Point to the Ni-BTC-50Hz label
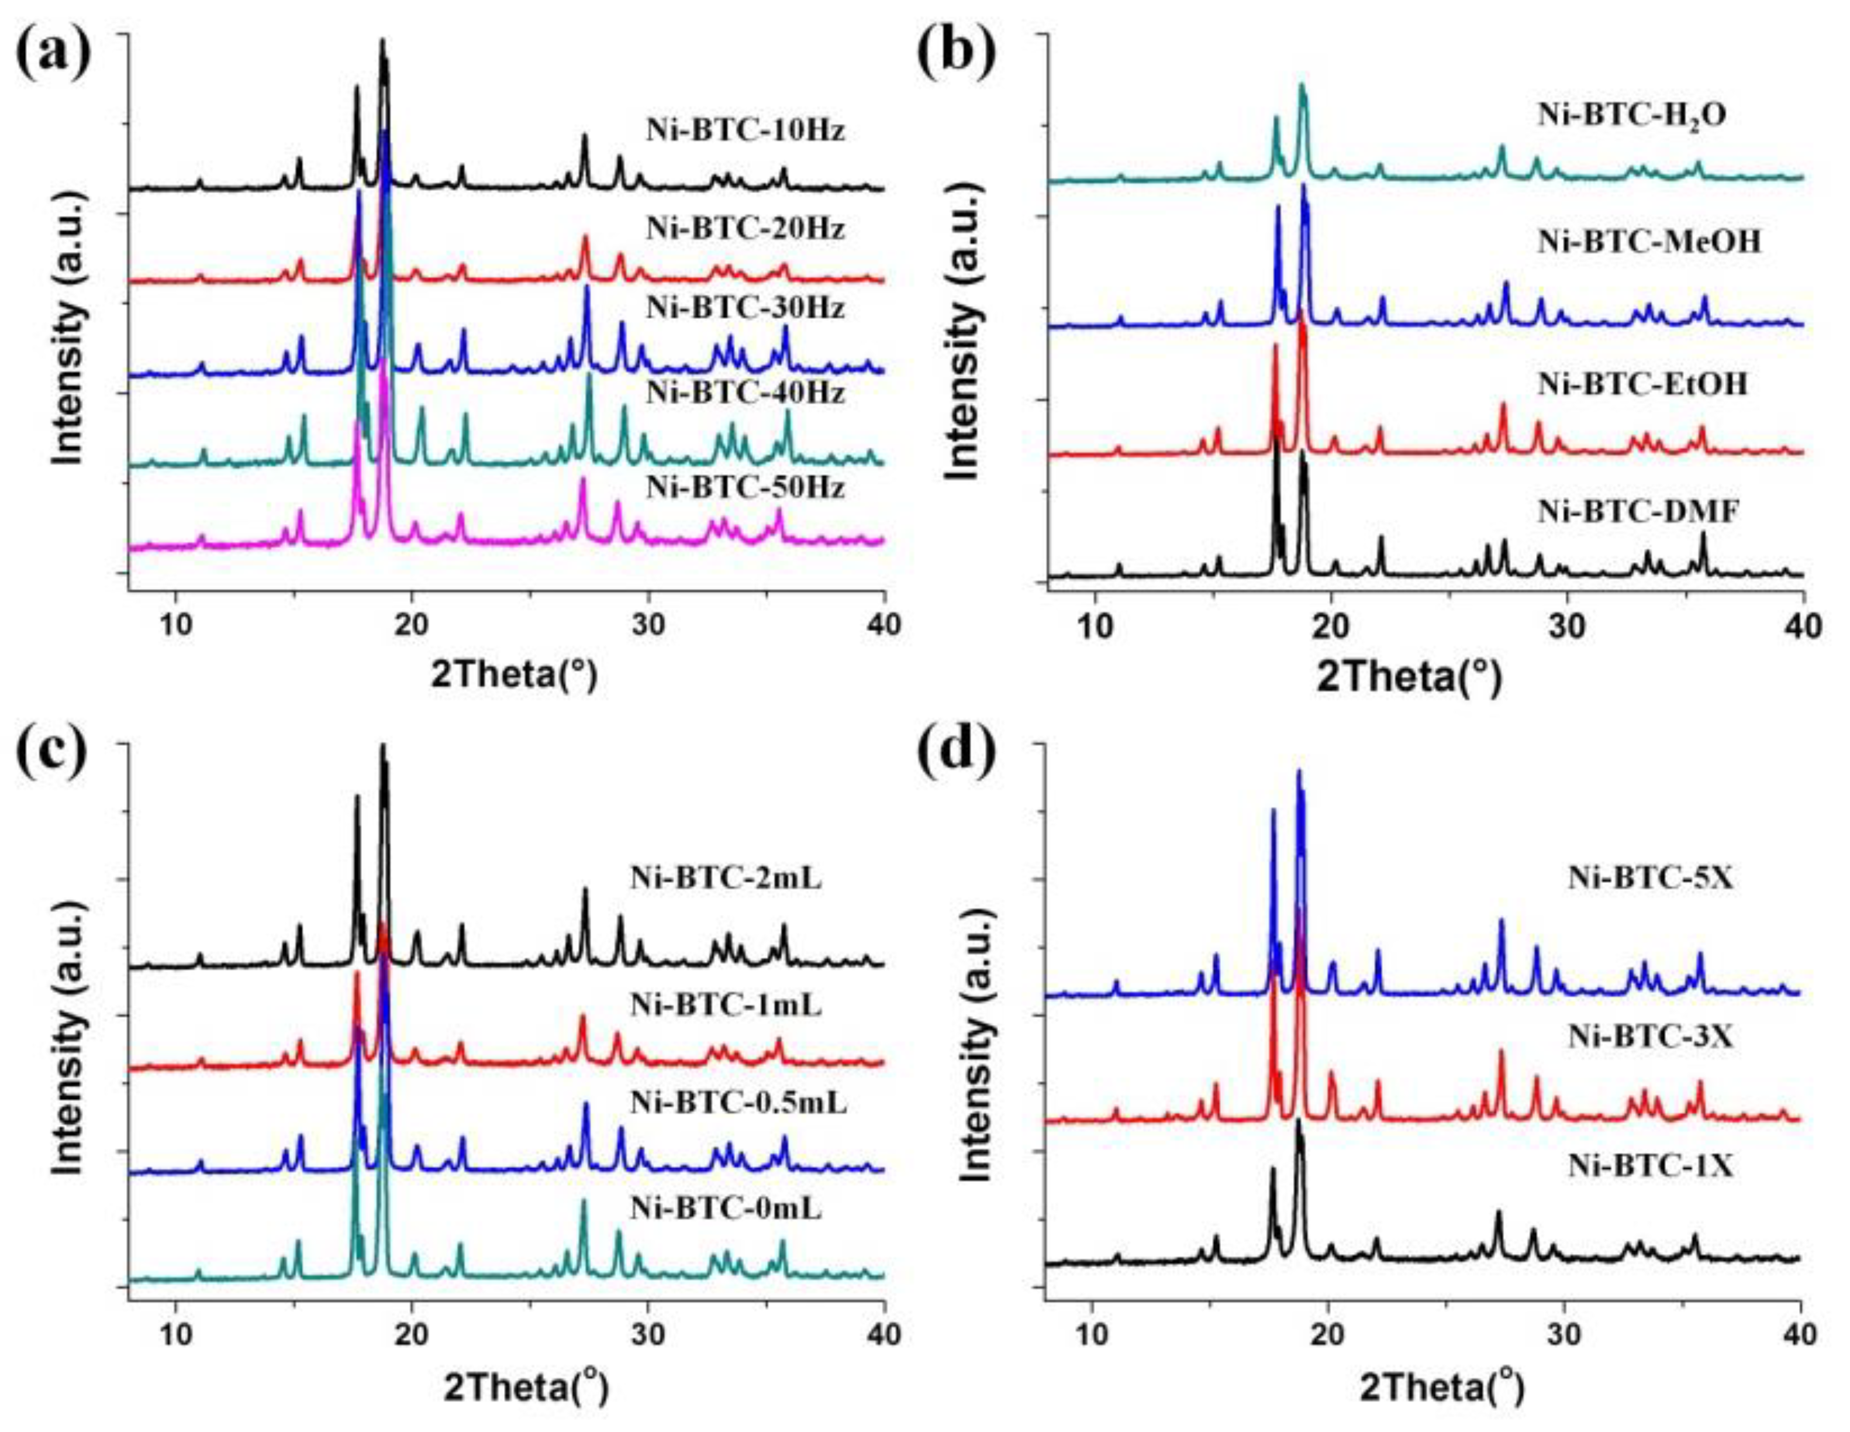(x=745, y=489)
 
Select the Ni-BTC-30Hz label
(x=745, y=308)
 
